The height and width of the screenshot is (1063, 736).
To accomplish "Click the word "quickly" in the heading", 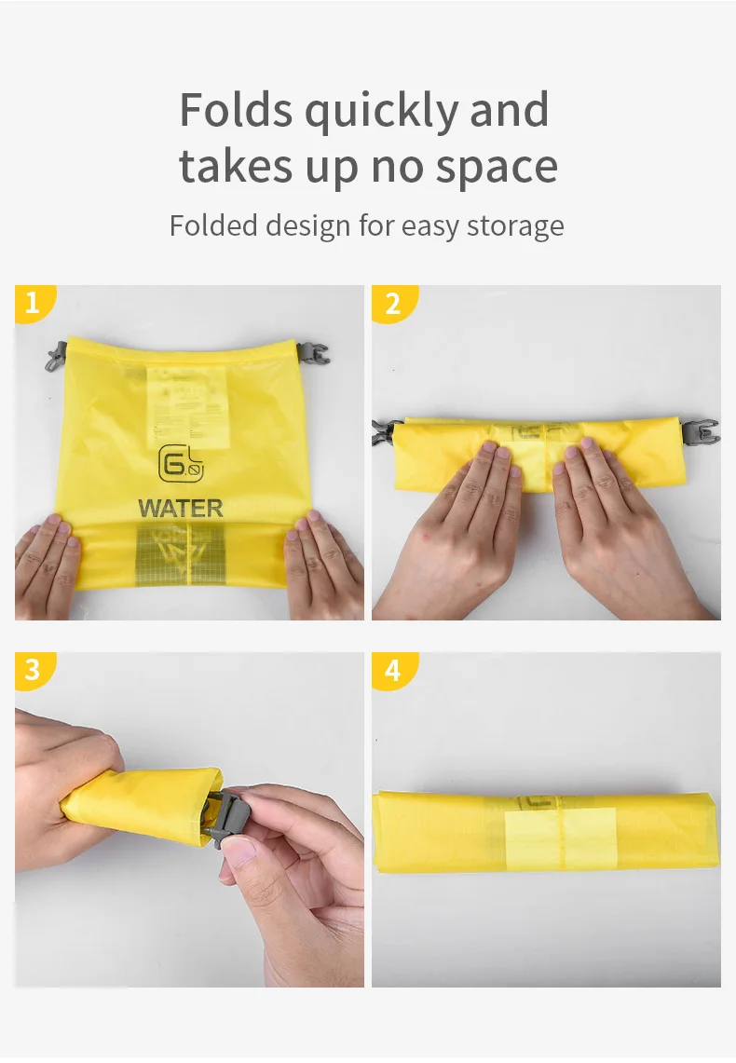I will [382, 112].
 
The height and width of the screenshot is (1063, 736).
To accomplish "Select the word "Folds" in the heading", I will [236, 110].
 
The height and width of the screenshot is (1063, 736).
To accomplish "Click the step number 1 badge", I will [33, 303].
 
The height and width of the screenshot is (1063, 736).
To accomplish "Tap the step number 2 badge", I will [391, 303].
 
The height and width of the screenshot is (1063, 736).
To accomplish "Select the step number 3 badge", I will [33, 669].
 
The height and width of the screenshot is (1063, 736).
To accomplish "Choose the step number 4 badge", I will [391, 669].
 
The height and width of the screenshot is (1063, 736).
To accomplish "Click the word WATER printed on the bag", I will [181, 509].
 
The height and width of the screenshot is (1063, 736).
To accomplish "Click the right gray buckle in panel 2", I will [701, 431].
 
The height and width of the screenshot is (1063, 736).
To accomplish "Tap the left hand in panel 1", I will [47, 564].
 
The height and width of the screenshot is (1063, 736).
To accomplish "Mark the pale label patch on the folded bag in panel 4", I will [560, 835].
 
